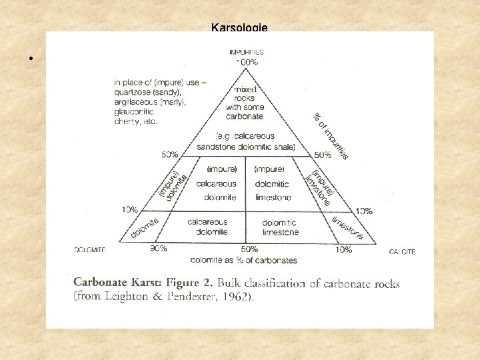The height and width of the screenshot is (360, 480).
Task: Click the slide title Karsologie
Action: tap(239, 28)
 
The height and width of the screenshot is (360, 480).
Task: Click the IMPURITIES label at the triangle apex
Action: tap(246, 51)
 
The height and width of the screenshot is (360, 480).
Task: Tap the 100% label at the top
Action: tap(246, 61)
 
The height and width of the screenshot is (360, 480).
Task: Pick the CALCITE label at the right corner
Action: tap(402, 251)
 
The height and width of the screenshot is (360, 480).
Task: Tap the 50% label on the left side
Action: tap(169, 154)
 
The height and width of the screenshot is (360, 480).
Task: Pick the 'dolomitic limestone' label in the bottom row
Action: tap(280, 227)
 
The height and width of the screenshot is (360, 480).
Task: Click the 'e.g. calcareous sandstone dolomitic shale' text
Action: tap(245, 141)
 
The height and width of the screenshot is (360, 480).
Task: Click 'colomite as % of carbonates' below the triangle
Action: tap(245, 259)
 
